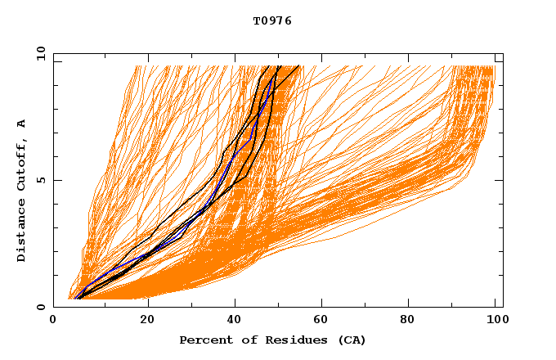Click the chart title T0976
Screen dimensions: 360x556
(272, 21)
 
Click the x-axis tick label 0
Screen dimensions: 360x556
(53, 320)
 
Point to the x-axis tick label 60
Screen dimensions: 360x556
(323, 320)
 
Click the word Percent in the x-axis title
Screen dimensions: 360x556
(203, 340)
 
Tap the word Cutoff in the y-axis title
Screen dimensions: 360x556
(22, 163)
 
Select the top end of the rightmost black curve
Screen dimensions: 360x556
(299, 66)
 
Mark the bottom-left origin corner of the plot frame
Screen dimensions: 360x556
(53, 307)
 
